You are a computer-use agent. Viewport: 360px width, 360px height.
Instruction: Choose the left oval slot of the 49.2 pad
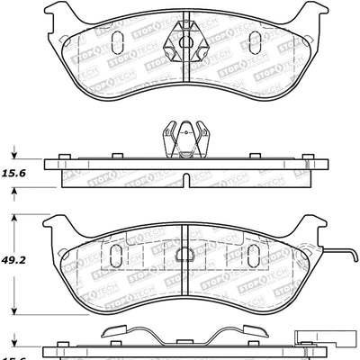[x=115, y=256]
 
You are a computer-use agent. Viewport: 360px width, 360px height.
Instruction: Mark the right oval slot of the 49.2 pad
[x=255, y=256]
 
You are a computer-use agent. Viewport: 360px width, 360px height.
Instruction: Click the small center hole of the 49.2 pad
[x=184, y=254]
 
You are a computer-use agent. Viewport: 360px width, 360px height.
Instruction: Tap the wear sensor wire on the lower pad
[x=337, y=249]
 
